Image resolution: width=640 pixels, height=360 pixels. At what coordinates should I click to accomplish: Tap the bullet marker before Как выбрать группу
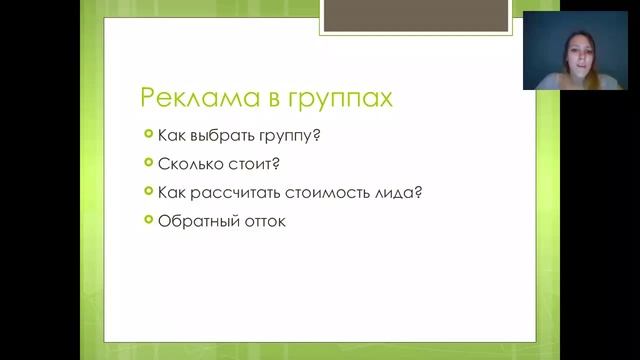148,133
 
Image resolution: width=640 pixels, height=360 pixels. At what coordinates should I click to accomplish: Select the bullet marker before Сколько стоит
148,162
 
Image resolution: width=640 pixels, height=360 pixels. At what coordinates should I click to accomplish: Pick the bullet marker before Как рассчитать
148,191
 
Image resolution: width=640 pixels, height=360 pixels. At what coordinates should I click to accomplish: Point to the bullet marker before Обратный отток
148,220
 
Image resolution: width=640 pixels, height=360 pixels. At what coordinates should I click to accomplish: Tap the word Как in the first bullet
171,134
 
